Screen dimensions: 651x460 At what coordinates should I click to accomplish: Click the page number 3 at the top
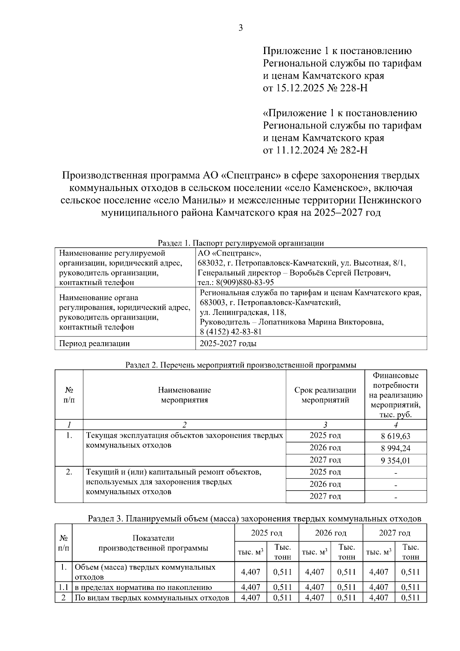click(x=240, y=28)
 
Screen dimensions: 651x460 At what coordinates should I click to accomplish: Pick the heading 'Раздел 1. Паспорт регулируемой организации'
click(x=241, y=243)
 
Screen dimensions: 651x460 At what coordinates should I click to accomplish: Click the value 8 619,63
click(x=396, y=436)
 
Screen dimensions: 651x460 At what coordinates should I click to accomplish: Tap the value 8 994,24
click(x=396, y=448)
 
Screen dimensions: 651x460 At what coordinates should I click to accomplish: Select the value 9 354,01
click(x=396, y=461)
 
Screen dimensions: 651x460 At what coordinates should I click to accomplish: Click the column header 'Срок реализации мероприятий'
click(x=325, y=395)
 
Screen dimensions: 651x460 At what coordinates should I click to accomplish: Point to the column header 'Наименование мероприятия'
click(x=184, y=395)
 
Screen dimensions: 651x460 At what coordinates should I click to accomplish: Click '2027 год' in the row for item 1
click(x=325, y=460)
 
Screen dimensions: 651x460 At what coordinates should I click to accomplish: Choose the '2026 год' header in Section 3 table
click(x=330, y=533)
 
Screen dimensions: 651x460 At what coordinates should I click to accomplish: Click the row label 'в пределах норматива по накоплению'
click(x=143, y=587)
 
